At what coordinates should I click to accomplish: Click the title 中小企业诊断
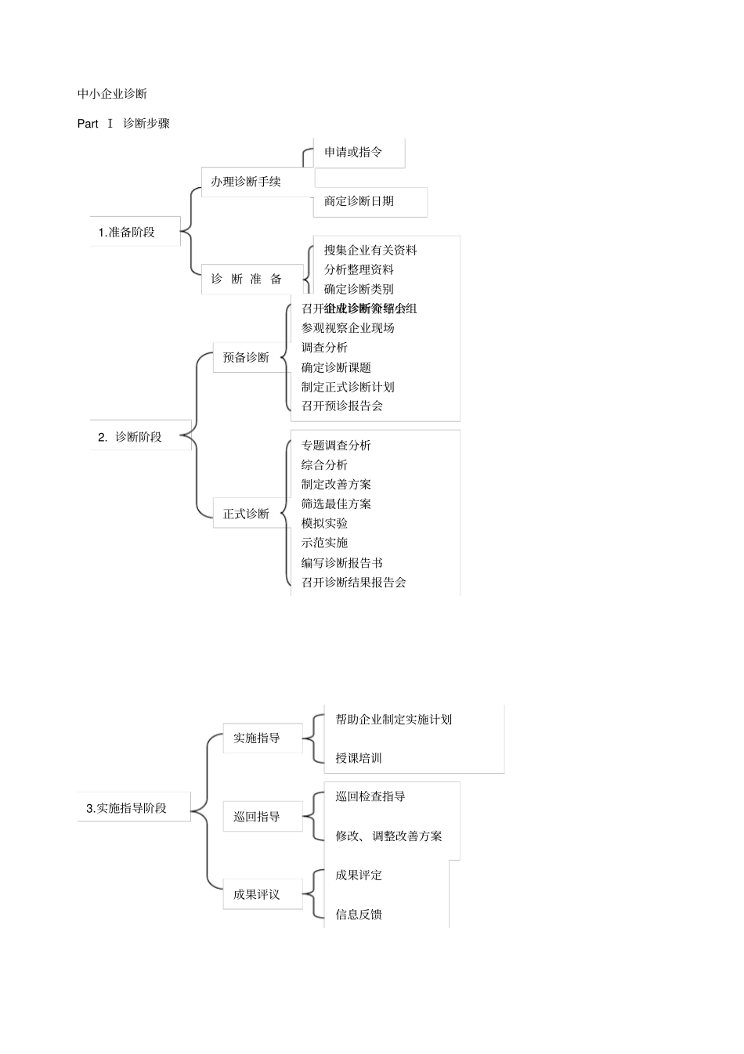click(x=112, y=94)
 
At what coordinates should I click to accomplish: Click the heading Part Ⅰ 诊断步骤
click(x=124, y=124)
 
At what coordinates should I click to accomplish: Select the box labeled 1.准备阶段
click(x=127, y=233)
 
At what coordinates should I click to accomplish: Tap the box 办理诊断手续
click(x=246, y=182)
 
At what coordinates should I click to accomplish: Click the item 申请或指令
click(x=353, y=153)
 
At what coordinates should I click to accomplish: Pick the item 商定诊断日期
click(x=359, y=201)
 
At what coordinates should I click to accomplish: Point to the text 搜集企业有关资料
click(x=370, y=251)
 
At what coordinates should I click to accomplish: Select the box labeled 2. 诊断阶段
click(x=131, y=437)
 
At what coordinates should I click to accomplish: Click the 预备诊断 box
click(x=246, y=358)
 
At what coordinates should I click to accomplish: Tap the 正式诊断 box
click(x=246, y=514)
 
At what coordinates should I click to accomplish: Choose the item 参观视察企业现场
click(x=348, y=328)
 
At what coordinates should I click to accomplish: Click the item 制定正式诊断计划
click(x=348, y=387)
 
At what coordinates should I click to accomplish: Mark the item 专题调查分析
click(x=336, y=446)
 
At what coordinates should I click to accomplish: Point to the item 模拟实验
click(x=324, y=524)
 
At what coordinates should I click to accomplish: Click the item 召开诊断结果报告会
click(x=353, y=583)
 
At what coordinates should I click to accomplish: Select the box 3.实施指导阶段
click(x=127, y=808)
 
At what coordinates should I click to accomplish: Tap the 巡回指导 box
click(x=257, y=817)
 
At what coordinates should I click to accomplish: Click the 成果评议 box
click(x=257, y=894)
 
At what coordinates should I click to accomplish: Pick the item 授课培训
click(x=359, y=758)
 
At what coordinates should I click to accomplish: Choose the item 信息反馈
click(x=359, y=915)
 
